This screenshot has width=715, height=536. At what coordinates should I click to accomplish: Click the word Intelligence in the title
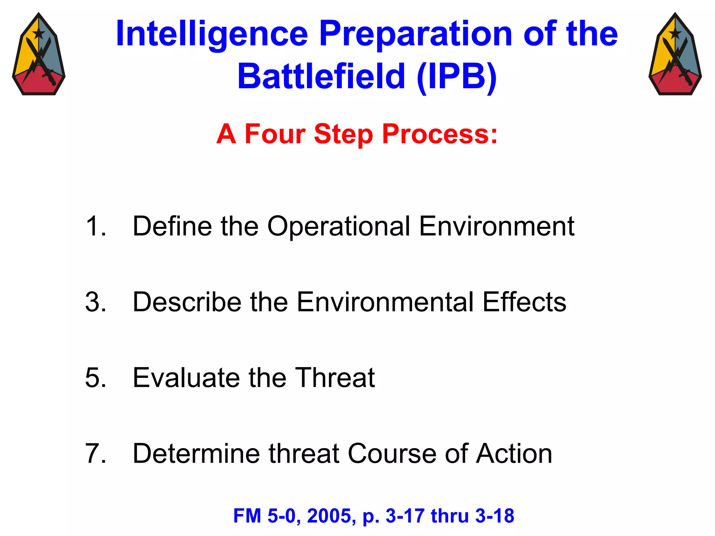(x=212, y=34)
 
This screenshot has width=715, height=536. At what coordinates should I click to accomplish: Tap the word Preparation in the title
(x=415, y=34)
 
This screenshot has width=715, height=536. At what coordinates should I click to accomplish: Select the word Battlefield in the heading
(x=321, y=76)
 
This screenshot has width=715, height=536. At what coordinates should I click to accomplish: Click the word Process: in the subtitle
(x=440, y=134)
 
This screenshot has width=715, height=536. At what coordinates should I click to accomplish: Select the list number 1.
(x=95, y=226)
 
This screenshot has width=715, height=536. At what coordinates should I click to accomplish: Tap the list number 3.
(x=95, y=302)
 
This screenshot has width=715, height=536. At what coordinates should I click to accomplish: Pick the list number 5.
(x=95, y=378)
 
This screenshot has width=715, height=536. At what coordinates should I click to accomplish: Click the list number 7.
(x=95, y=454)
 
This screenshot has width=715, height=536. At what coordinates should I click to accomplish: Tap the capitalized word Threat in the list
(x=335, y=378)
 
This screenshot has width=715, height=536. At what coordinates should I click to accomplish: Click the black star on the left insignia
(x=38, y=34)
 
